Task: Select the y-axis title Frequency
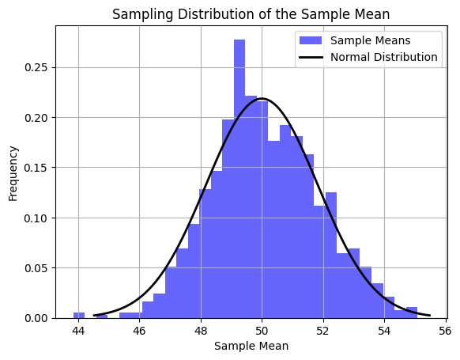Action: pos(13,172)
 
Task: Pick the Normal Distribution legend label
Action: pos(383,57)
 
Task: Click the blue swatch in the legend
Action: pos(310,40)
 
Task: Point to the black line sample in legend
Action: pos(310,57)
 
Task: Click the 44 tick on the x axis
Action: pos(77,330)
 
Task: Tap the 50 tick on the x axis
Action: pos(262,330)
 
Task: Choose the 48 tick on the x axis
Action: pos(201,330)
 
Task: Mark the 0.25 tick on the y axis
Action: pos(38,67)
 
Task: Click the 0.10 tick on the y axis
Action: pos(38,218)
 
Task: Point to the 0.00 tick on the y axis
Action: pos(38,318)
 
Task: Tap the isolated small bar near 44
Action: pos(79,315)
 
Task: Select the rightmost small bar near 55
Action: pos(412,313)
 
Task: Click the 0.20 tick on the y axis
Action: pos(38,118)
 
